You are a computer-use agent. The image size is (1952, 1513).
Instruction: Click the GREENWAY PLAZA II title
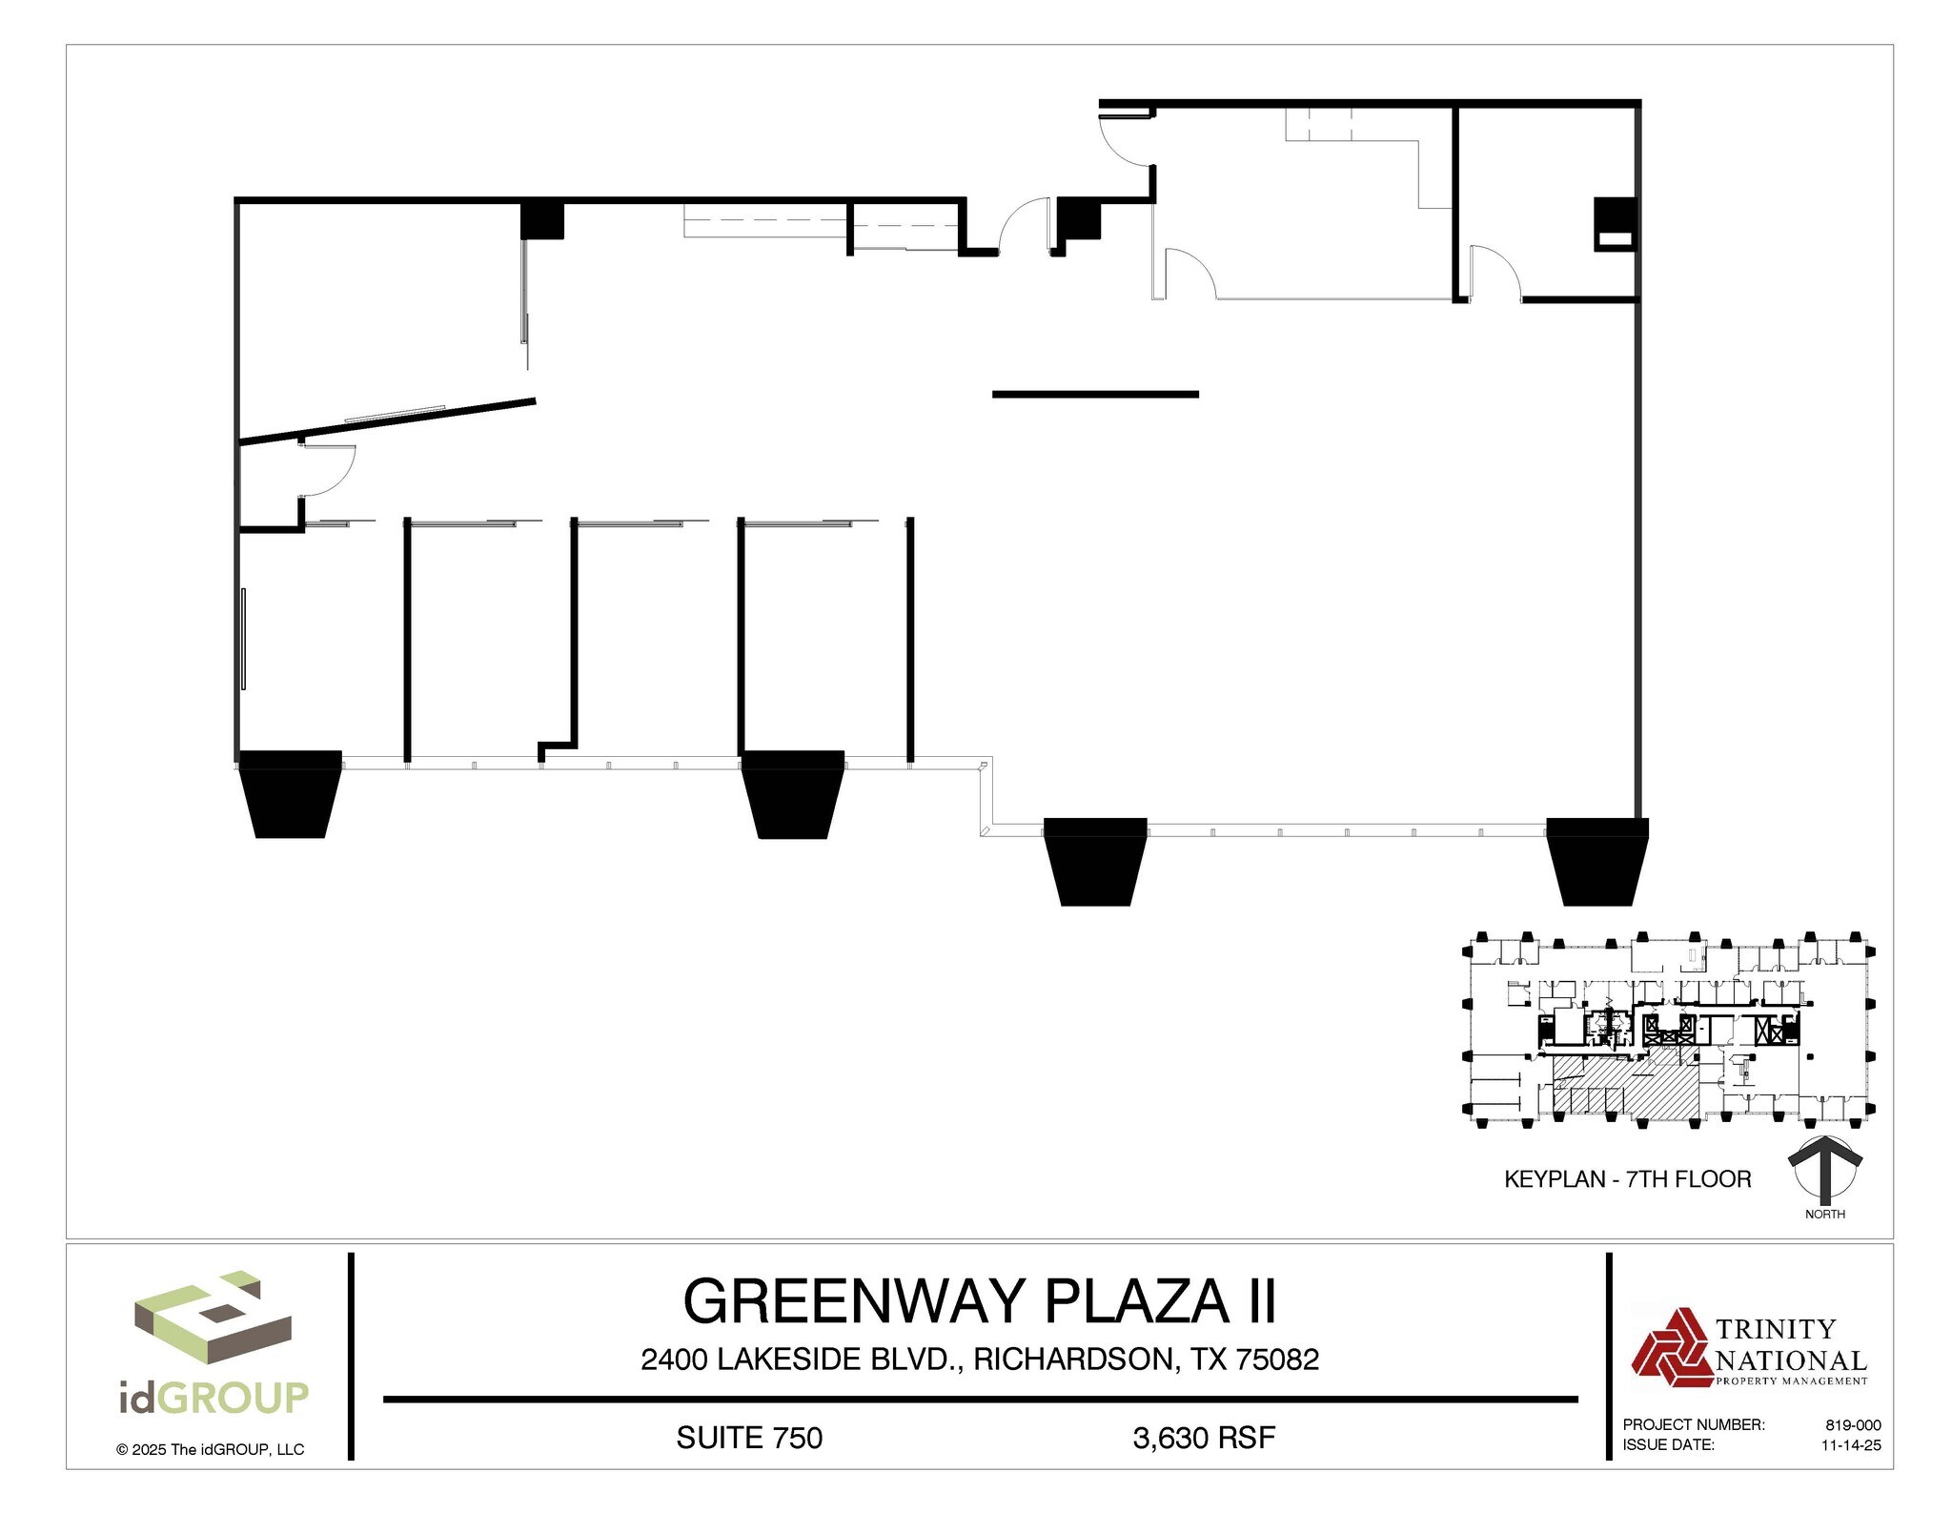click(x=979, y=1301)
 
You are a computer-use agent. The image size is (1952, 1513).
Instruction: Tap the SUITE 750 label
click(x=749, y=1438)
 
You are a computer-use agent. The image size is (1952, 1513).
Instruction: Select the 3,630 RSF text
click(x=1204, y=1438)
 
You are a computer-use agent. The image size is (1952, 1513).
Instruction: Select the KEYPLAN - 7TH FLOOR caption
click(x=1627, y=1179)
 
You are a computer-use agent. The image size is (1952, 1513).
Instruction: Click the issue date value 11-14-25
click(x=1851, y=1445)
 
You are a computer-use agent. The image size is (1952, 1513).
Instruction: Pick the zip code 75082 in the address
click(x=1277, y=1360)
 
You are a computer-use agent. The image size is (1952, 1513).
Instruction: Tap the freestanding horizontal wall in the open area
click(x=1095, y=394)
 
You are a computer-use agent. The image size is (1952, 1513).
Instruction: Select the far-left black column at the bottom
click(x=290, y=793)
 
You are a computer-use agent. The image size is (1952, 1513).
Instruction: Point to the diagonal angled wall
click(x=387, y=420)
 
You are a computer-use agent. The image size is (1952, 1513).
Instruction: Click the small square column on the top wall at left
click(x=542, y=221)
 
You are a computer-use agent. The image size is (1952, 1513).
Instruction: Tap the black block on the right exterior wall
click(x=1615, y=224)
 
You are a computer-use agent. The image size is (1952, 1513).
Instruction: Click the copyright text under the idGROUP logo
click(x=211, y=1450)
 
